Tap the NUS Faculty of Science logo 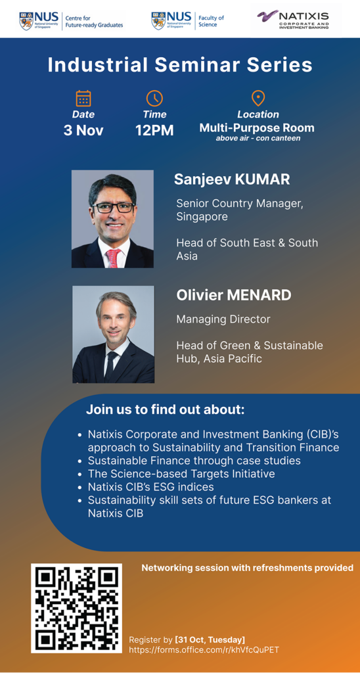pos(187,20)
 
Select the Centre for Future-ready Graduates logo pos(71,20)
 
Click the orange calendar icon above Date pos(83,99)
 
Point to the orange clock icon pos(154,99)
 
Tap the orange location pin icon pos(258,99)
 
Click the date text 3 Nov pos(83,130)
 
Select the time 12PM pos(154,130)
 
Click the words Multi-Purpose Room pos(257,128)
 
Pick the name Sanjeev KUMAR pos(232,179)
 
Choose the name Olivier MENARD pos(234,295)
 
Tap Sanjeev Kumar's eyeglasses pos(112,208)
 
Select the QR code pos(76,608)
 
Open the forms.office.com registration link pos(204,650)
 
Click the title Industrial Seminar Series pos(180,65)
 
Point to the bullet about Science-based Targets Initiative pos(181,473)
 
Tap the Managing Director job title pos(223,319)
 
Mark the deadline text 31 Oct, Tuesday pos(210,639)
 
